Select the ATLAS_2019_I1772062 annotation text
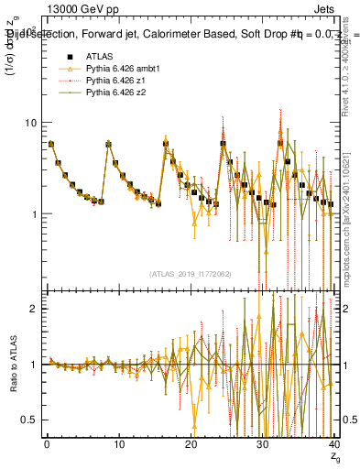(x=190, y=273)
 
